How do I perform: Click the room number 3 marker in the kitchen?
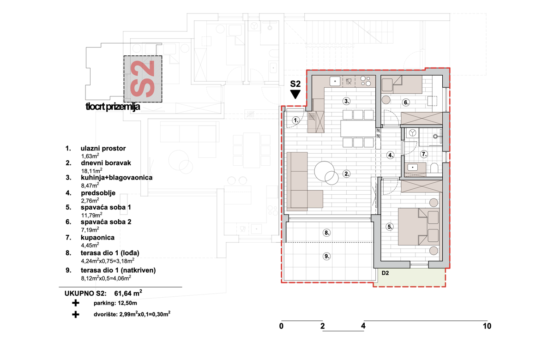[347, 101]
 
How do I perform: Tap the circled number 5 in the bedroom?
[390, 227]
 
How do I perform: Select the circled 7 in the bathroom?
[424, 154]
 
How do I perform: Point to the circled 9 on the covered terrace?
[327, 257]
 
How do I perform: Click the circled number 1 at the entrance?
[296, 120]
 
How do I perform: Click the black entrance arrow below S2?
[295, 94]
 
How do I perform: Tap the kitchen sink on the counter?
[335, 81]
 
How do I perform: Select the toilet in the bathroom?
[434, 168]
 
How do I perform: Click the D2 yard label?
[385, 273]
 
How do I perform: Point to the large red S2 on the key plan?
[143, 79]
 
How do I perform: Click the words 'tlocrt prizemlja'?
[113, 107]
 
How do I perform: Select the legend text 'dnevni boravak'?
[106, 163]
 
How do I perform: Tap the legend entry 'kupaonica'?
[97, 238]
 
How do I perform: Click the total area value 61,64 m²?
[128, 293]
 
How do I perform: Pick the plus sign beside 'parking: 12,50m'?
[75, 303]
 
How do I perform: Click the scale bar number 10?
[487, 326]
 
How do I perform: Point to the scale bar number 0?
[281, 326]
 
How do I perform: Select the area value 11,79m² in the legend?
[91, 215]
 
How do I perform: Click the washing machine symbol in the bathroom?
[412, 133]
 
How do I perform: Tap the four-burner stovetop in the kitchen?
[366, 81]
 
